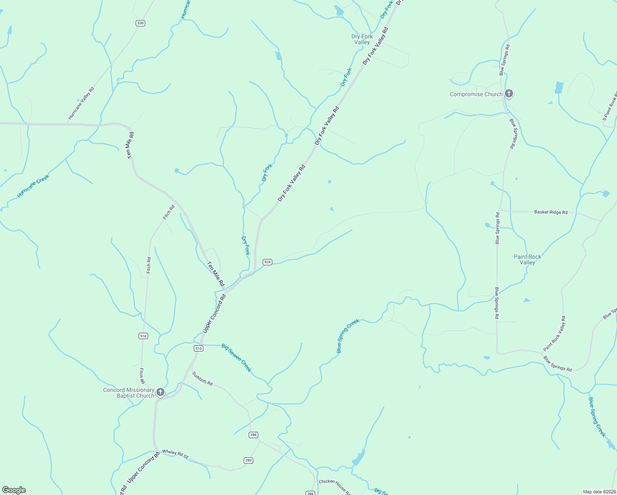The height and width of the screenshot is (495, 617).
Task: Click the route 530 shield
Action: tap(140, 23)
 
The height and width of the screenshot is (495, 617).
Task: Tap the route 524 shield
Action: tap(268, 262)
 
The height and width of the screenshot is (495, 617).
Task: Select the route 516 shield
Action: tap(143, 336)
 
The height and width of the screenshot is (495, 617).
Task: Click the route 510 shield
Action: tap(199, 349)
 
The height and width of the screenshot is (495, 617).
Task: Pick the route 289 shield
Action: tap(248, 460)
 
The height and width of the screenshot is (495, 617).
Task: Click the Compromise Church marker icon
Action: tap(509, 94)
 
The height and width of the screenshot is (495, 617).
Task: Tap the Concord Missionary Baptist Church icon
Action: tap(160, 392)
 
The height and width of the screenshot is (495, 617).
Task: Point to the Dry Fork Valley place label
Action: tap(362, 39)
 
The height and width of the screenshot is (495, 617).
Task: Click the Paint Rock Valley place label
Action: tap(528, 259)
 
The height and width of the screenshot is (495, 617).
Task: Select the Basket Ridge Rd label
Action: tap(551, 212)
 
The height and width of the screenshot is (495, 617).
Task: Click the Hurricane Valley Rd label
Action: tap(81, 103)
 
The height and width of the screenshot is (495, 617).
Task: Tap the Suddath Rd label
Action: tap(202, 378)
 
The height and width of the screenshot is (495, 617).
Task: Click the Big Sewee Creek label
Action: tap(236, 358)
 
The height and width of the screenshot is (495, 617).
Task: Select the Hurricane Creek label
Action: tap(33, 186)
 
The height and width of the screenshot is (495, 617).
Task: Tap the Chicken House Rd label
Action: tap(334, 487)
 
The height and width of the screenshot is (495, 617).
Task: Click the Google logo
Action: tap(14, 490)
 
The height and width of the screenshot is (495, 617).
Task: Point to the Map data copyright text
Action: tap(599, 492)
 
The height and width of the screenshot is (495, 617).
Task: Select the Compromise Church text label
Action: tap(476, 94)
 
